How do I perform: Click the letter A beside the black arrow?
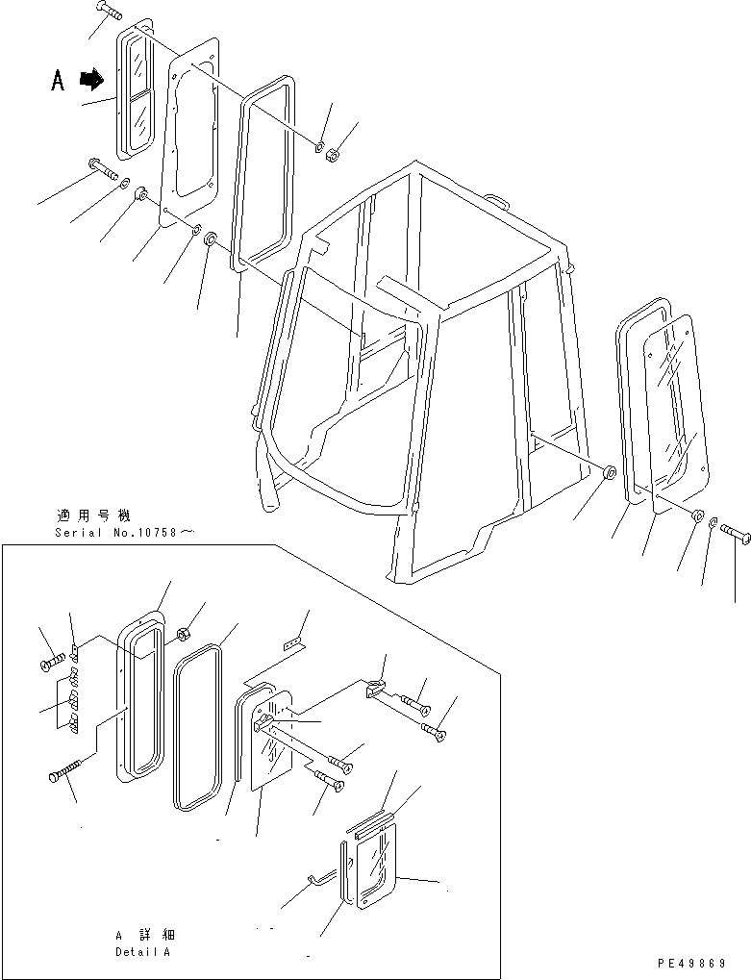(59, 82)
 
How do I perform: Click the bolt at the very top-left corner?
(109, 13)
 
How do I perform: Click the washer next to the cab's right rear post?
(609, 473)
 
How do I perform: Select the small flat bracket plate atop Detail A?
(291, 641)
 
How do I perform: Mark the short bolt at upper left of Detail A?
(53, 662)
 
